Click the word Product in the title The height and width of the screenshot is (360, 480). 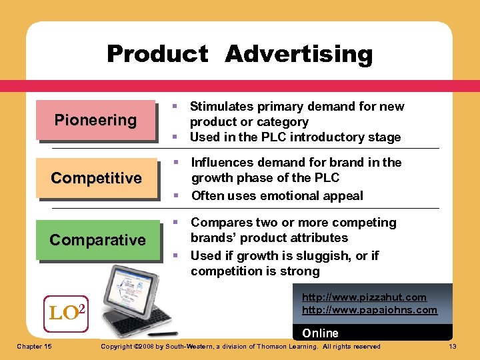(157, 54)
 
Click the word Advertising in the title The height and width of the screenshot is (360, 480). (299, 54)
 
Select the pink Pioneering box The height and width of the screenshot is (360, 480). (95, 121)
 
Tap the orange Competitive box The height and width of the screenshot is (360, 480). (96, 178)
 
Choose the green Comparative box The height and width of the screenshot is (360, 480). (97, 240)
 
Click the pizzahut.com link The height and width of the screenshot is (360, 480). (364, 297)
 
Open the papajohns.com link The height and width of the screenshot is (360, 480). (369, 310)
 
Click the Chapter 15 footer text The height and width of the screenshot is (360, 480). (35, 346)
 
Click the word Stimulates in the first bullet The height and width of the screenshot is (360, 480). (221, 107)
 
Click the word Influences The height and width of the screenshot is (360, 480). (221, 163)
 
